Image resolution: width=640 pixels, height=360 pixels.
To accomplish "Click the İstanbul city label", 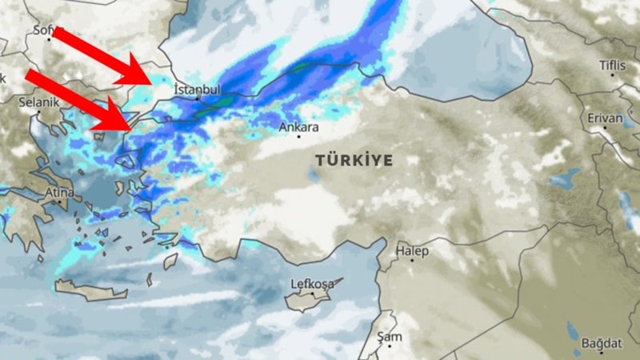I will click(x=197, y=90).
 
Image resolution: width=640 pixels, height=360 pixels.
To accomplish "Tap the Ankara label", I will click(x=298, y=126).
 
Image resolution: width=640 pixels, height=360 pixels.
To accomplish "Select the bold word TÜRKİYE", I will click(x=354, y=160).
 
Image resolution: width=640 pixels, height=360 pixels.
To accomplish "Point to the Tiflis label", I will click(x=614, y=65).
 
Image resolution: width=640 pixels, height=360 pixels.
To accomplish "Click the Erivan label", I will click(x=605, y=118).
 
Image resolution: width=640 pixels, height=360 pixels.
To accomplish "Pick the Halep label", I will click(x=413, y=251).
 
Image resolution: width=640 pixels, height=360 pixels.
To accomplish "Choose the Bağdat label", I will click(x=601, y=342).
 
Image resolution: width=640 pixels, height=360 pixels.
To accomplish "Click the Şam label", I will click(x=390, y=337).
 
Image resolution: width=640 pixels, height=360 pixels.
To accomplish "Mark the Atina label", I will click(x=59, y=193).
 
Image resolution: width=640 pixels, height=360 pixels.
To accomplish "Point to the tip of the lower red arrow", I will click(x=129, y=127).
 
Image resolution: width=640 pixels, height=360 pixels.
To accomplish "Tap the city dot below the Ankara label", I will click(x=299, y=137).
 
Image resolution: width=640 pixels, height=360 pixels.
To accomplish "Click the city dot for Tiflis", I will click(x=613, y=74).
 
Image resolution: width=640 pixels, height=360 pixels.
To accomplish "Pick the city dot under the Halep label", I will click(x=412, y=261).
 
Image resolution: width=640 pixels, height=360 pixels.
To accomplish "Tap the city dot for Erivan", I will click(x=606, y=128).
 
